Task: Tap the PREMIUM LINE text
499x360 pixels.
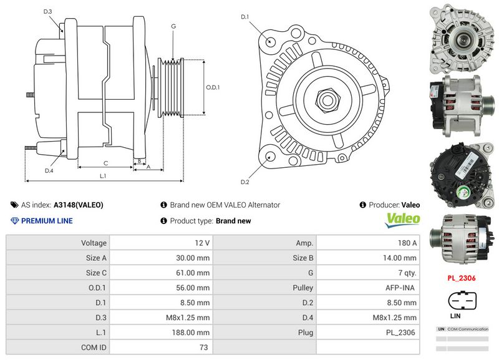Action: [47, 221]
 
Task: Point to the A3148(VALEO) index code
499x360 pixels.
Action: [78, 205]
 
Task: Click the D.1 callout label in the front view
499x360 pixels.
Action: [245, 17]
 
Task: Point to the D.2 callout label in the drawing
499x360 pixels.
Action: [245, 182]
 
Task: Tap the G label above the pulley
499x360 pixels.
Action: [173, 26]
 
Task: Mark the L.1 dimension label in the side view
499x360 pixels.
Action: [103, 177]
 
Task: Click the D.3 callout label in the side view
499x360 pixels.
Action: [48, 12]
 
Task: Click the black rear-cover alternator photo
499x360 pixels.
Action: [461, 174]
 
